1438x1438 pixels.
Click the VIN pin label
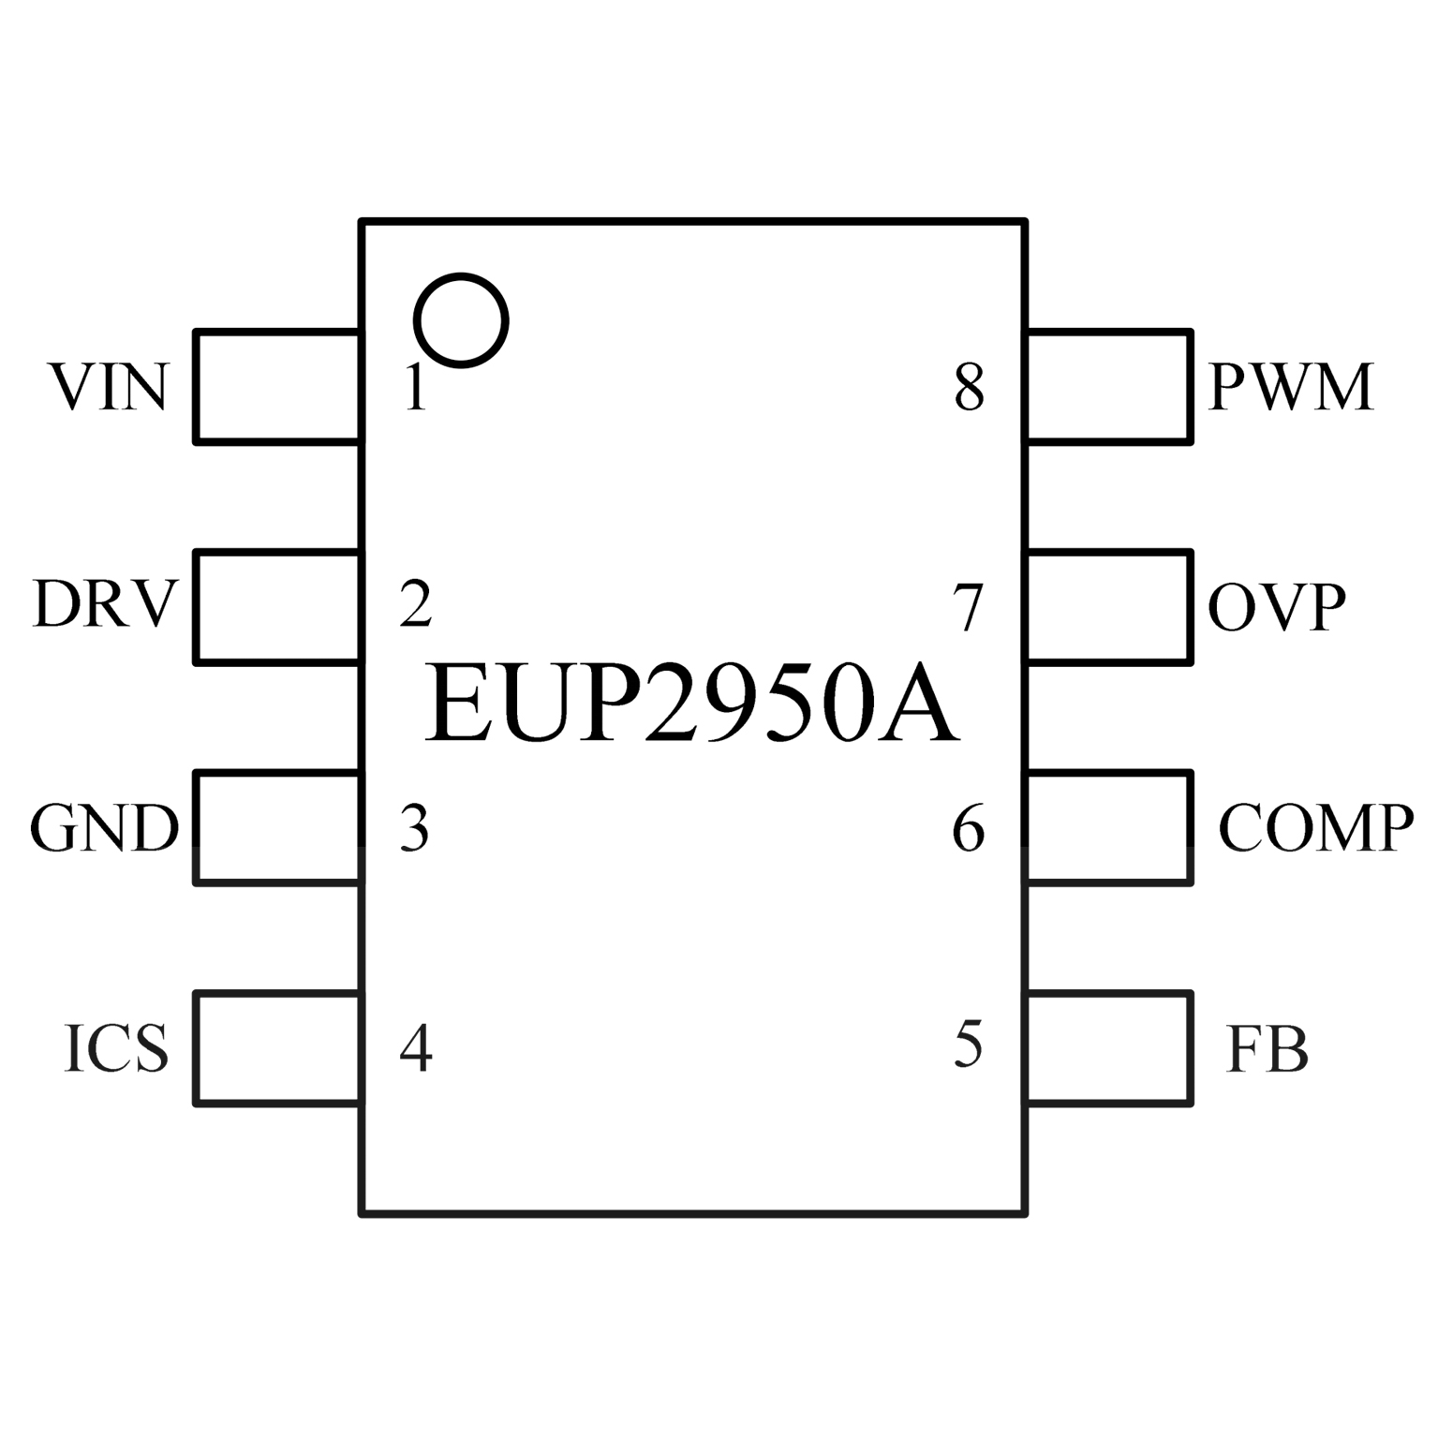tap(110, 387)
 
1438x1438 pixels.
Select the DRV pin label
tap(104, 605)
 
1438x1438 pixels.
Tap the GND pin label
tap(104, 828)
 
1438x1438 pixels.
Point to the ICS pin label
tap(116, 1048)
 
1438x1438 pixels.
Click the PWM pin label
tap(1291, 387)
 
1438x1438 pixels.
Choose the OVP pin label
tap(1276, 607)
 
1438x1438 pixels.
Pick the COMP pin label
tap(1315, 828)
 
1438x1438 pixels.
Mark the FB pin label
tap(1267, 1049)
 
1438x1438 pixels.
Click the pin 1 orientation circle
tap(461, 320)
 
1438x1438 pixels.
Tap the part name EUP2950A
tap(692, 704)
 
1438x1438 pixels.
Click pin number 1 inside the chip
tap(414, 388)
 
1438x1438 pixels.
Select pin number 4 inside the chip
tap(416, 1048)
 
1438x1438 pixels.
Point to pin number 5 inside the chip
tap(969, 1045)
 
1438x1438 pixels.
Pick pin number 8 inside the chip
tap(970, 388)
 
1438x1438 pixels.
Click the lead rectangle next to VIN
tap(276, 386)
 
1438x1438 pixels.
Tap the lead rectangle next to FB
tap(1109, 1048)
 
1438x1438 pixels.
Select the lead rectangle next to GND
tap(276, 827)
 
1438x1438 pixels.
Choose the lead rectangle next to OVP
tap(1109, 607)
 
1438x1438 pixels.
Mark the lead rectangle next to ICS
tap(276, 1048)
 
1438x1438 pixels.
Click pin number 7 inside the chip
tap(969, 607)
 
